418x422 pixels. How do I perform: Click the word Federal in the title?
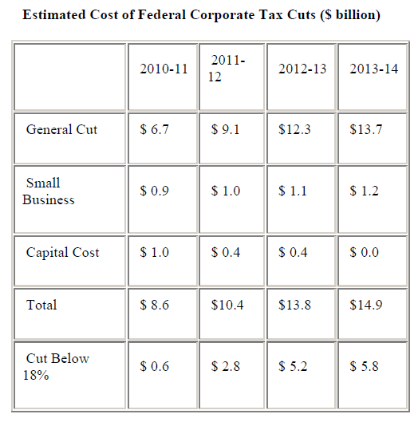[161, 14]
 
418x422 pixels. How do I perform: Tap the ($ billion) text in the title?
[350, 15]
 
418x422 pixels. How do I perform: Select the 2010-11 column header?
[164, 69]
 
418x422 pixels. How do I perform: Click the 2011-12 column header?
[226, 69]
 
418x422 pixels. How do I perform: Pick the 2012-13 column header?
[302, 69]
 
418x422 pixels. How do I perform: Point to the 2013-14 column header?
[373, 69]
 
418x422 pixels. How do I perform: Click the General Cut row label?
[61, 129]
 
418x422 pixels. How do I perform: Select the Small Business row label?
[49, 191]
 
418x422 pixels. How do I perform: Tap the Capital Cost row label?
[63, 253]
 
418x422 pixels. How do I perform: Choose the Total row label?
[41, 305]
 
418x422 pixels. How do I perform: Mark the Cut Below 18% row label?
[56, 367]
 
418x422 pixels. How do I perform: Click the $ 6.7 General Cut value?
[154, 129]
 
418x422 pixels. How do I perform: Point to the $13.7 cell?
[366, 129]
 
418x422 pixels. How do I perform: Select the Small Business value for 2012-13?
[293, 191]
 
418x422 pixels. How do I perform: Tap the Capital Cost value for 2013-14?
[365, 252]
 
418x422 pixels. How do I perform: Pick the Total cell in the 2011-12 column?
[227, 305]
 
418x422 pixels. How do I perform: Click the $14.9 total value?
[366, 305]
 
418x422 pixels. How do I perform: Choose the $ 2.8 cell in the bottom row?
[225, 366]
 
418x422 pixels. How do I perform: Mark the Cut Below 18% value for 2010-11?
[154, 366]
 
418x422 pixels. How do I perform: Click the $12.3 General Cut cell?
[294, 129]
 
